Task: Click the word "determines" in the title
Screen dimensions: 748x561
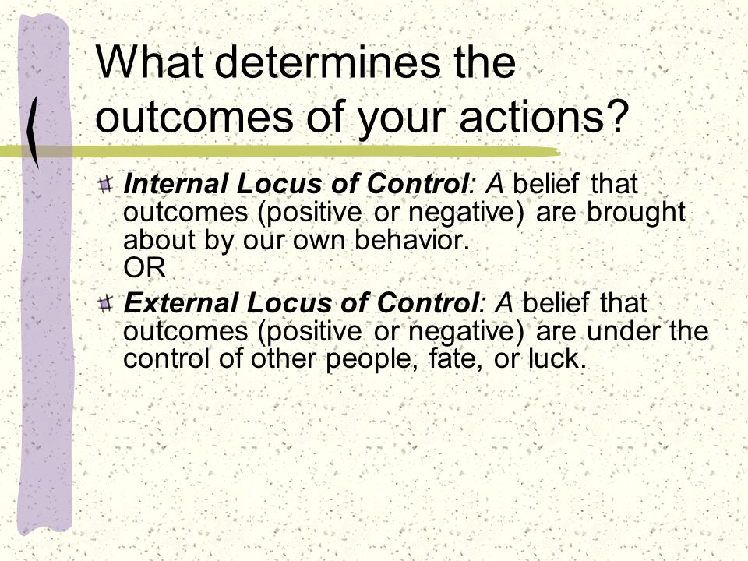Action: (329, 62)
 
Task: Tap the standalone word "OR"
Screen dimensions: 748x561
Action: (145, 267)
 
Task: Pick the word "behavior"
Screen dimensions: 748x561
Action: (409, 240)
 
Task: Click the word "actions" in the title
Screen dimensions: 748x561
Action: (528, 115)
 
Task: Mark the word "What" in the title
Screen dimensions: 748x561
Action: (150, 62)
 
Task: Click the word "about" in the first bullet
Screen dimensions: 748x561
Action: (160, 240)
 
